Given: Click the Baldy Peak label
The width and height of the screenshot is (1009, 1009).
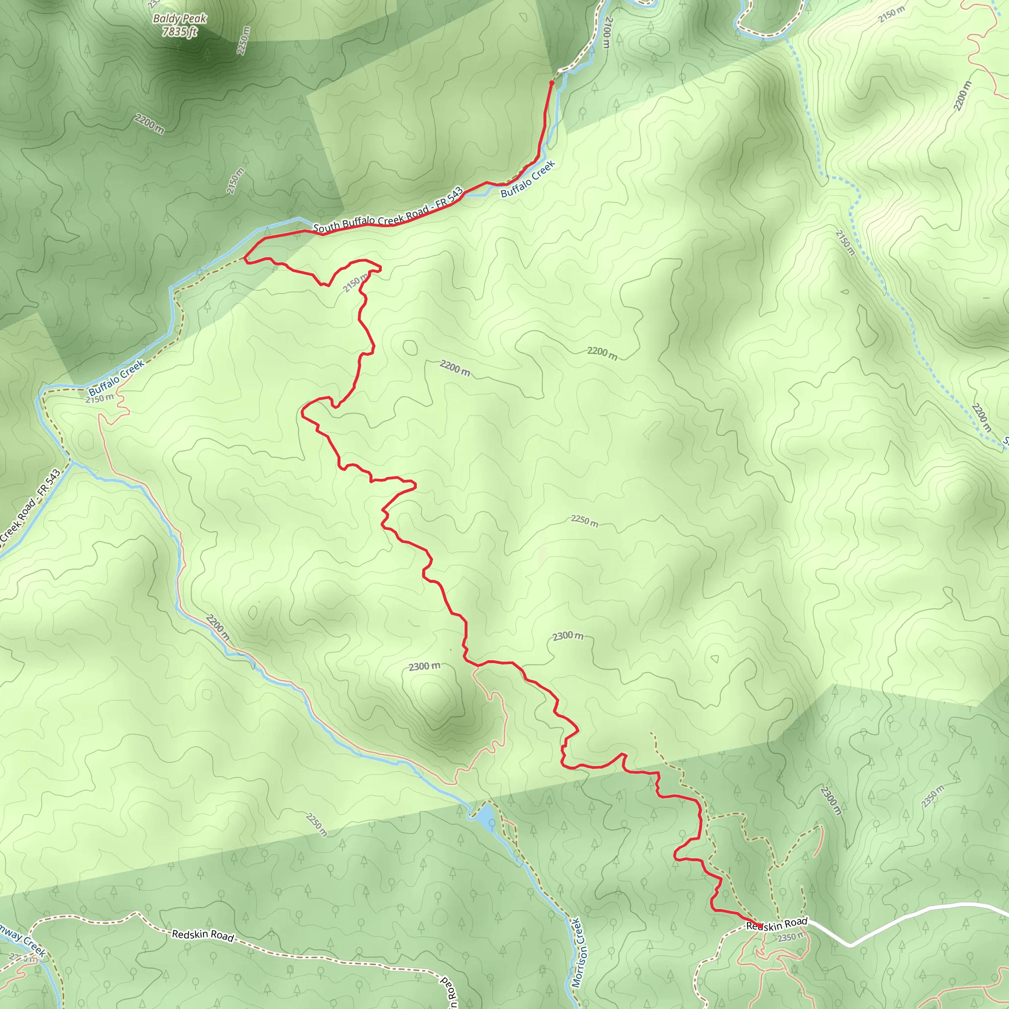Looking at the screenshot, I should pyautogui.click(x=180, y=19).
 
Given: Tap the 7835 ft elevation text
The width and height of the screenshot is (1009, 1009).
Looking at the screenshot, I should pyautogui.click(x=180, y=32).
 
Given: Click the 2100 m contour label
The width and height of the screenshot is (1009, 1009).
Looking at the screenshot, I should pyautogui.click(x=606, y=32).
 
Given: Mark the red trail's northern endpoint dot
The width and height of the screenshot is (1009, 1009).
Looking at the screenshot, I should pyautogui.click(x=551, y=82).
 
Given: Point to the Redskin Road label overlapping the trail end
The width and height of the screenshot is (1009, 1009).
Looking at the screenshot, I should pyautogui.click(x=776, y=925).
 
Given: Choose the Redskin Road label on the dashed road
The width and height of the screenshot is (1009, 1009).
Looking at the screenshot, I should pyautogui.click(x=202, y=935).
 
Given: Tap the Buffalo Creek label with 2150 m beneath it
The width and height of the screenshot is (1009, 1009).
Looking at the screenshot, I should pyautogui.click(x=116, y=378).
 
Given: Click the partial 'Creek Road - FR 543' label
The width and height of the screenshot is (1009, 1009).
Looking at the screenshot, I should pyautogui.click(x=30, y=505).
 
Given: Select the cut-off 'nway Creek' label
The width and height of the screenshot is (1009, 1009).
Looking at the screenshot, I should pyautogui.click(x=23, y=941).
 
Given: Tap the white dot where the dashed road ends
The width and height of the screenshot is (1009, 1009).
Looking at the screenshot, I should pyautogui.click(x=559, y=70).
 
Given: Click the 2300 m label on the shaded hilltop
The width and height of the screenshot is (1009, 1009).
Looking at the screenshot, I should pyautogui.click(x=424, y=667).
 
